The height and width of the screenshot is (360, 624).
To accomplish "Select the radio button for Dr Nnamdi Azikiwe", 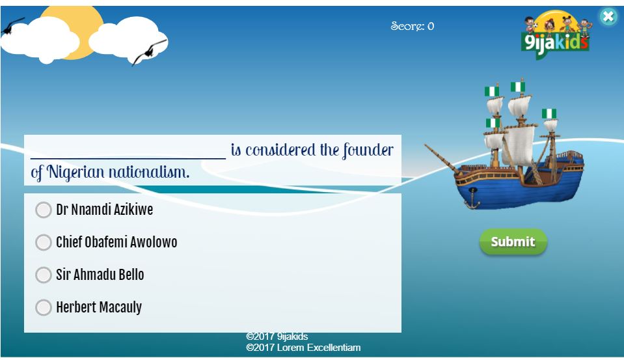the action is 44,210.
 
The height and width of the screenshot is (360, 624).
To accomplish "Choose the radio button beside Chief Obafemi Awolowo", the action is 44,242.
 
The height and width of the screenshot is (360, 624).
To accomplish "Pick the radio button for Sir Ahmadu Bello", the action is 44,275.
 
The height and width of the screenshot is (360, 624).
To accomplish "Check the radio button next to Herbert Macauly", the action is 44,307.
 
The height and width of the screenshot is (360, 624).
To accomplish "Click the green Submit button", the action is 513,242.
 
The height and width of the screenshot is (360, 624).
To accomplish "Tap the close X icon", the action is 608,16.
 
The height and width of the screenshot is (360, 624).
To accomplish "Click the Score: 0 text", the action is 413,26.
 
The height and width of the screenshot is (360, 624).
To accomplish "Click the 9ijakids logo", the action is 556,35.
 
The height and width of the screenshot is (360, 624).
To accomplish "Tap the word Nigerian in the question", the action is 75,173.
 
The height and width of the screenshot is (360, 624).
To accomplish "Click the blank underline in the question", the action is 128,158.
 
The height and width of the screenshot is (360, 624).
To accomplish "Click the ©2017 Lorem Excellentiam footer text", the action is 303,348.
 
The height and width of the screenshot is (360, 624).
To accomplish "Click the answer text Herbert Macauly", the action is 99,307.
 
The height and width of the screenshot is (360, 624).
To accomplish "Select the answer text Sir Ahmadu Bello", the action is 100,275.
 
